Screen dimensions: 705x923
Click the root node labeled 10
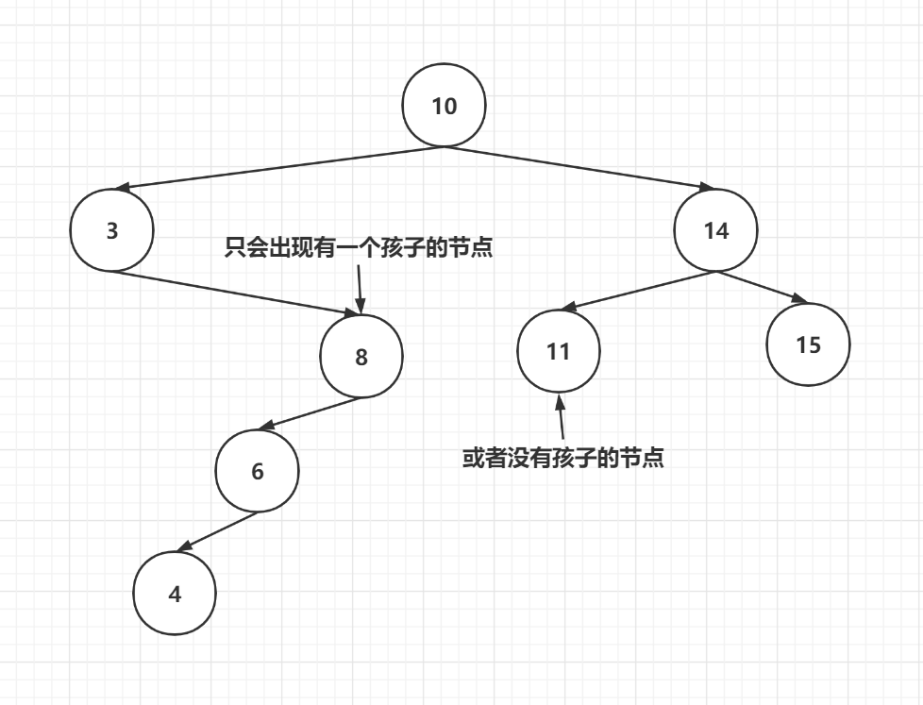coord(444,106)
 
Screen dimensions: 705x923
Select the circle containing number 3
coord(111,230)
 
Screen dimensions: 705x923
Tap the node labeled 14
coord(716,230)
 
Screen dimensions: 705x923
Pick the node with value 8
coord(361,358)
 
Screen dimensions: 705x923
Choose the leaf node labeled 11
coord(559,351)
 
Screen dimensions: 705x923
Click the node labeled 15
coord(809,344)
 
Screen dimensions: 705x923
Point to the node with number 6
coord(257,471)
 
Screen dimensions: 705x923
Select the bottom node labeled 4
coord(175,594)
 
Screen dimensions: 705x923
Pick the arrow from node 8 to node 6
coord(310,412)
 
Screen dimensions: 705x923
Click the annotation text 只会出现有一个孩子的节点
coord(359,248)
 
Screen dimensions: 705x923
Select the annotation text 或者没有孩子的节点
coord(563,459)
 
